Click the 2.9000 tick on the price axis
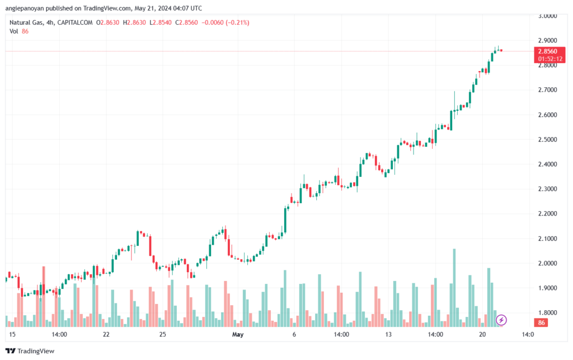pyautogui.click(x=548, y=41)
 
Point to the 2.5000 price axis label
pyautogui.click(x=548, y=139)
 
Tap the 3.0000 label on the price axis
pyautogui.click(x=548, y=16)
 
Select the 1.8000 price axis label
pyautogui.click(x=548, y=312)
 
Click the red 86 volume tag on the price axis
pyautogui.click(x=541, y=323)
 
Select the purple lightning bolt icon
pyautogui.click(x=502, y=320)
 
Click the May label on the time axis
pyautogui.click(x=238, y=335)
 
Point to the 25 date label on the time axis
pyautogui.click(x=162, y=335)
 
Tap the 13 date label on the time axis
pyautogui.click(x=387, y=335)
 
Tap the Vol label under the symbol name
pyautogui.click(x=14, y=31)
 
